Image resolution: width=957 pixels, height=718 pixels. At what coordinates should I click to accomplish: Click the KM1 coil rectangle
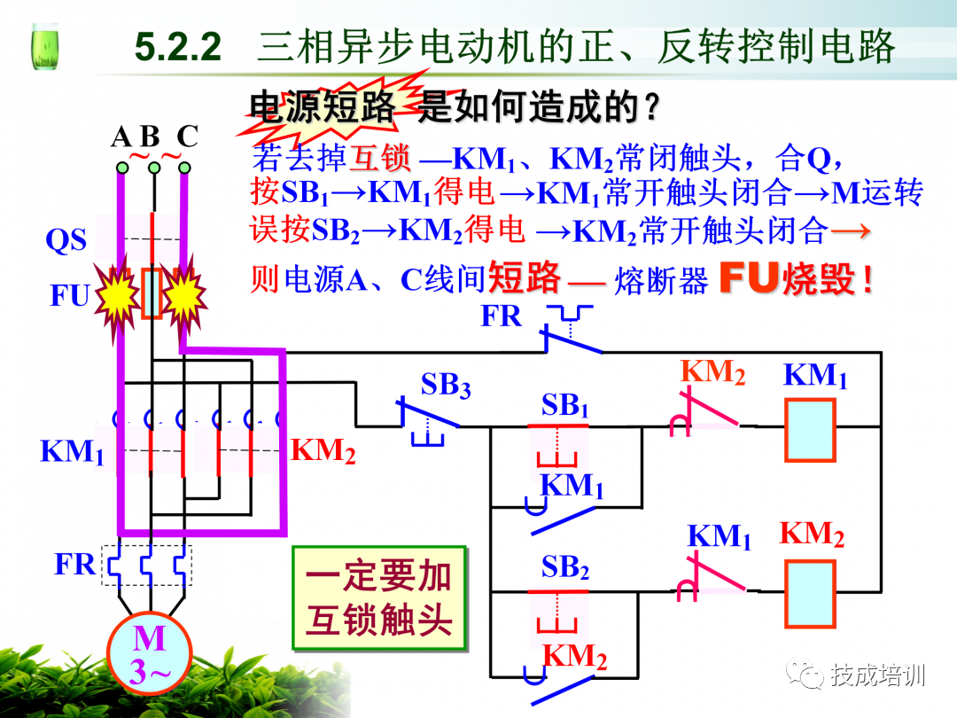pyautogui.click(x=810, y=430)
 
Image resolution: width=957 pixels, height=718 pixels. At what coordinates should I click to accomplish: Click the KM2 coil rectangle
pyautogui.click(x=810, y=595)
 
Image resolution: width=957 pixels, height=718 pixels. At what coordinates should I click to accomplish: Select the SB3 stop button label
pyautogui.click(x=445, y=386)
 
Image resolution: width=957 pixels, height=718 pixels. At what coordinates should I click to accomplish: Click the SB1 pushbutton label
pyautogui.click(x=565, y=406)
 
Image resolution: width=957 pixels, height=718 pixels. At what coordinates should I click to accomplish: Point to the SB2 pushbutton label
pyautogui.click(x=565, y=567)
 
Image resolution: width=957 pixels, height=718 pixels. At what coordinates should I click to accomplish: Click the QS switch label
pyautogui.click(x=66, y=240)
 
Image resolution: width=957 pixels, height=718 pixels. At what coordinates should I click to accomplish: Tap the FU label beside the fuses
pyautogui.click(x=69, y=295)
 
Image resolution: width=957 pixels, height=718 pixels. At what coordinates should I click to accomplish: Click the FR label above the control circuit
pyautogui.click(x=502, y=316)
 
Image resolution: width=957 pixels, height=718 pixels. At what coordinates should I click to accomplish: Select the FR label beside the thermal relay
pyautogui.click(x=74, y=564)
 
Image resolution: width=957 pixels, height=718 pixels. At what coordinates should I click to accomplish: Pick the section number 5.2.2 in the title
pyautogui.click(x=177, y=46)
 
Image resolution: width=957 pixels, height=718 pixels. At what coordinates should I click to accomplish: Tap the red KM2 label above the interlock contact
pyautogui.click(x=712, y=372)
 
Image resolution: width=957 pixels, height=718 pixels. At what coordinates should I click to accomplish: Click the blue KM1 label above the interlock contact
pyautogui.click(x=719, y=536)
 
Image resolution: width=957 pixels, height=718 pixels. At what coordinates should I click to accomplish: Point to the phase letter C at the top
pyautogui.click(x=187, y=137)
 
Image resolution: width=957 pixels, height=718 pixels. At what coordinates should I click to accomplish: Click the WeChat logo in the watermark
pyautogui.click(x=805, y=676)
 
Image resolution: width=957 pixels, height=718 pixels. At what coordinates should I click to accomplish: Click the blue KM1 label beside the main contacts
pyautogui.click(x=72, y=451)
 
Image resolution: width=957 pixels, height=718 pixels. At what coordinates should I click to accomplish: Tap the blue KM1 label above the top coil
pyautogui.click(x=815, y=375)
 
